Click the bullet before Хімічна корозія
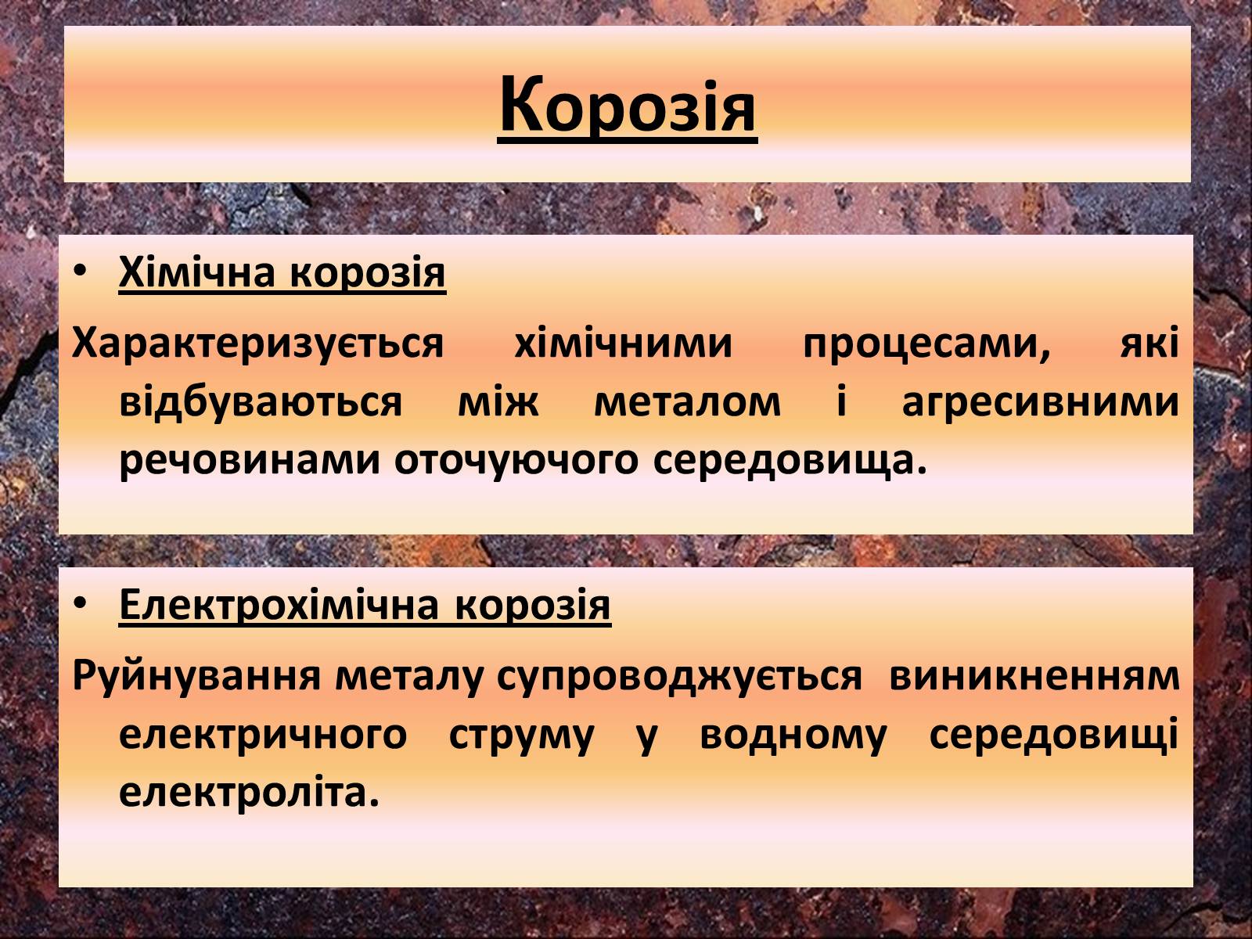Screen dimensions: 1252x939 coord(80,272)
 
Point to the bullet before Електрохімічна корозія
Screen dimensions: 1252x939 coord(80,603)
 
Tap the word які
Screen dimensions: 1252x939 coord(1150,344)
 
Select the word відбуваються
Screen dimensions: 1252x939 coord(261,401)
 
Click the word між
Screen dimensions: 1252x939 coord(498,401)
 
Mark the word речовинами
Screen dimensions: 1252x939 coord(250,460)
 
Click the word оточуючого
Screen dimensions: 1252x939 coord(516,462)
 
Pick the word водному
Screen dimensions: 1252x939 coord(793,735)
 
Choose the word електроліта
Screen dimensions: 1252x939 coord(250,793)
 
